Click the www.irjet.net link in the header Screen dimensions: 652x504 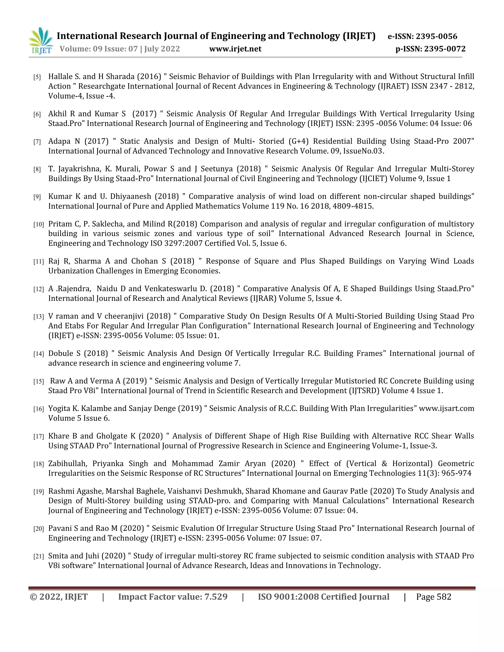235,49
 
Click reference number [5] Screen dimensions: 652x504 37,77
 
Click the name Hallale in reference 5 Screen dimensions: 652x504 61,77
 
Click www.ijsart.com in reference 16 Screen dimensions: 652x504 446,408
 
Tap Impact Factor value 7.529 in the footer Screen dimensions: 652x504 173,597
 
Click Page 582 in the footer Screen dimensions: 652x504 434,597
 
